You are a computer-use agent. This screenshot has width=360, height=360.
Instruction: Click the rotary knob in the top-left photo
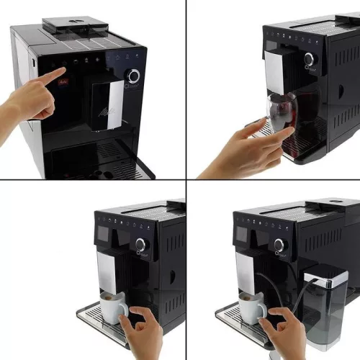coord(134,76)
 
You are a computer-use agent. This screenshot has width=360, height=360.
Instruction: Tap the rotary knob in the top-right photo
coord(310,58)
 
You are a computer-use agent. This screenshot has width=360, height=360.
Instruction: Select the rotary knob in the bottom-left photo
coord(140,244)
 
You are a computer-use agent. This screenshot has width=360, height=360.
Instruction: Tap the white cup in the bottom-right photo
coord(252,308)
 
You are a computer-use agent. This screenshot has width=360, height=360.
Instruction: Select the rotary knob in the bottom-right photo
coord(279,245)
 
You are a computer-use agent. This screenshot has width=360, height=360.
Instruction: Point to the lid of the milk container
coord(326,274)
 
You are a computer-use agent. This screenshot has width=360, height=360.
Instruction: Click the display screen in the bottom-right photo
coord(242,235)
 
